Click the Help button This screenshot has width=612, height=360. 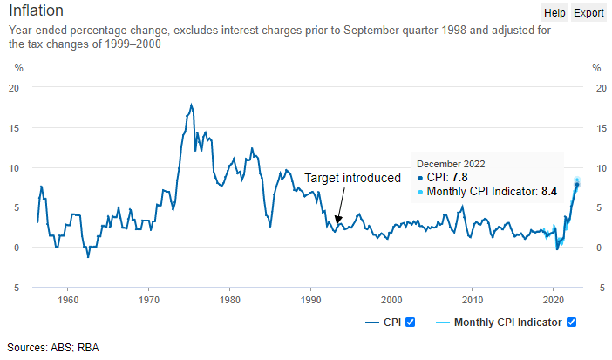554,13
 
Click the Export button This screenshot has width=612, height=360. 588,13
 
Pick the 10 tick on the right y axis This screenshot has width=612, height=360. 597,167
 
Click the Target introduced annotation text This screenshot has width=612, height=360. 352,178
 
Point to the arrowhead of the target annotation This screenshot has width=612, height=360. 337,223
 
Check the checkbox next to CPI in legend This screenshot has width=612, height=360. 411,323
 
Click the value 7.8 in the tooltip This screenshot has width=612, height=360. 465,177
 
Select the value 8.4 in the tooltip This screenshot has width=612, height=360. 549,191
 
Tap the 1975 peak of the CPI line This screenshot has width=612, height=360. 191,105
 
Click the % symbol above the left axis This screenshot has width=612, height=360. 18,67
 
